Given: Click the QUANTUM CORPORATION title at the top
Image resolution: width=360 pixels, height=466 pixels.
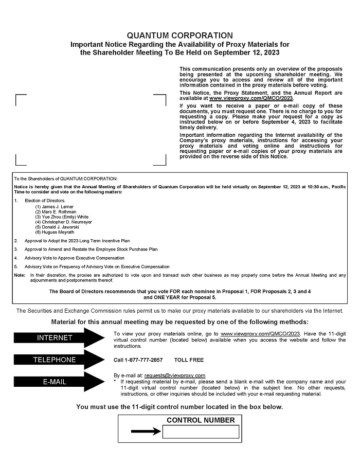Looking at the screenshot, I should pos(179,35).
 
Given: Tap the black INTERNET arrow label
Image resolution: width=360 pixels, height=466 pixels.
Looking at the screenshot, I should pos(55,338).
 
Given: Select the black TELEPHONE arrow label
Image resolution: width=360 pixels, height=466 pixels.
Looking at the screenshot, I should pos(55,360).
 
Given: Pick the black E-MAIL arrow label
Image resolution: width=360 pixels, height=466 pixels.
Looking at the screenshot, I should pos(55,382).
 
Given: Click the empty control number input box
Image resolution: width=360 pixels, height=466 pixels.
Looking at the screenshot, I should pos(201,432).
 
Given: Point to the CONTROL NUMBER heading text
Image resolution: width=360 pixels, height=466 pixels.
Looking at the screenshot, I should pos(201,420).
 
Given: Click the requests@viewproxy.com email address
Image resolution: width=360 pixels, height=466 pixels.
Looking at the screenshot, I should pos(175,375).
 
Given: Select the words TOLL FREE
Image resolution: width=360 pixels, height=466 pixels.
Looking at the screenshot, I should pos(189,360).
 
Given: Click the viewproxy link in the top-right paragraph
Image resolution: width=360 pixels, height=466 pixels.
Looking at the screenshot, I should pos(251,98).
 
